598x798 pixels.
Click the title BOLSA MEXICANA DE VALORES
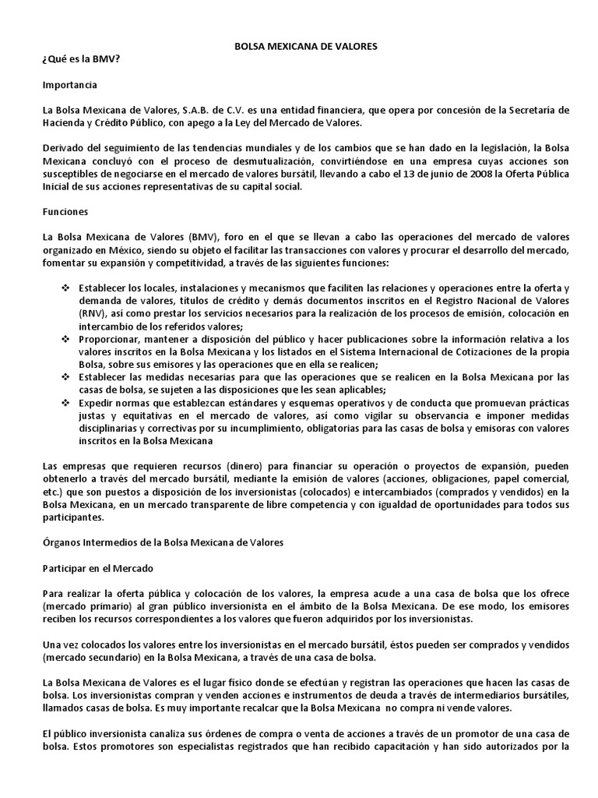coord(306,47)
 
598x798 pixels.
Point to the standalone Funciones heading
coord(65,211)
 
